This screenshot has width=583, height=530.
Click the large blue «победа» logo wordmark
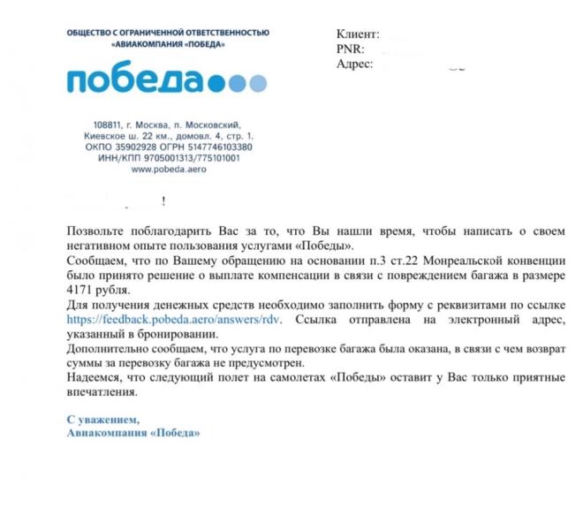[133, 81]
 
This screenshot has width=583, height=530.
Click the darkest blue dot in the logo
[216, 84]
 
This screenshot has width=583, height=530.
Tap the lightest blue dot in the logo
[257, 84]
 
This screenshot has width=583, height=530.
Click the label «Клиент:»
[358, 34]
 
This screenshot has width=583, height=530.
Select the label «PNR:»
[351, 49]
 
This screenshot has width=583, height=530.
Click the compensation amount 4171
[82, 289]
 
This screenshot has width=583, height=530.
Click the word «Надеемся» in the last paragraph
[95, 377]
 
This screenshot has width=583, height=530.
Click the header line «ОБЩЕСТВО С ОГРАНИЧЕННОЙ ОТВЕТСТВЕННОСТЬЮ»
[168, 33]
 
